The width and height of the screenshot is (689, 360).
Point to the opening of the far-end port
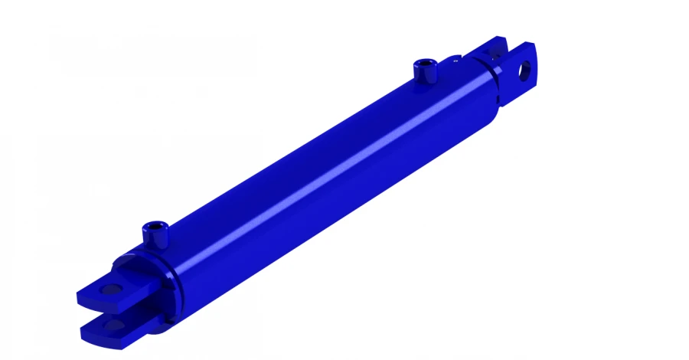click(x=425, y=63)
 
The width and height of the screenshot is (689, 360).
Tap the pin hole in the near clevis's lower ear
click(x=115, y=326)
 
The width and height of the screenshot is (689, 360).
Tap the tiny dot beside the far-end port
click(x=456, y=57)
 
